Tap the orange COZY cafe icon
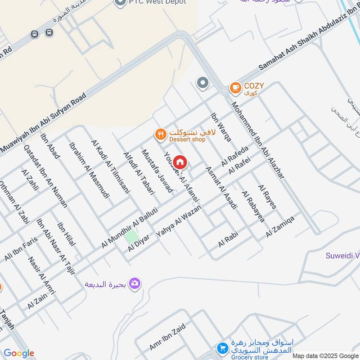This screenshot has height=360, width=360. pyautogui.click(x=235, y=88)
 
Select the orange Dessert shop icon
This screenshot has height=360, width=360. pyautogui.click(x=160, y=134)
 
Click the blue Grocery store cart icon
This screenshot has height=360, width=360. pyautogui.click(x=222, y=348)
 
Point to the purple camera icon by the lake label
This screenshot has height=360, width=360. pyautogui.click(x=135, y=283)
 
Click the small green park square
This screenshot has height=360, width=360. pyautogui.click(x=131, y=237)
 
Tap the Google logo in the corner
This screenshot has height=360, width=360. pyautogui.click(x=19, y=353)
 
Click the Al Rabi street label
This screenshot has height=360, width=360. pyautogui.click(x=228, y=239)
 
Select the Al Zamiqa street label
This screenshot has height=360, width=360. pyautogui.click(x=280, y=226)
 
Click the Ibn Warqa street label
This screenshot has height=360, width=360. pyautogui.click(x=221, y=127)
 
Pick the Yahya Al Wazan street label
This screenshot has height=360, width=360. pyautogui.click(x=179, y=222)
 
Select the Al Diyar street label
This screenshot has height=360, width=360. pyautogui.click(x=139, y=243)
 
